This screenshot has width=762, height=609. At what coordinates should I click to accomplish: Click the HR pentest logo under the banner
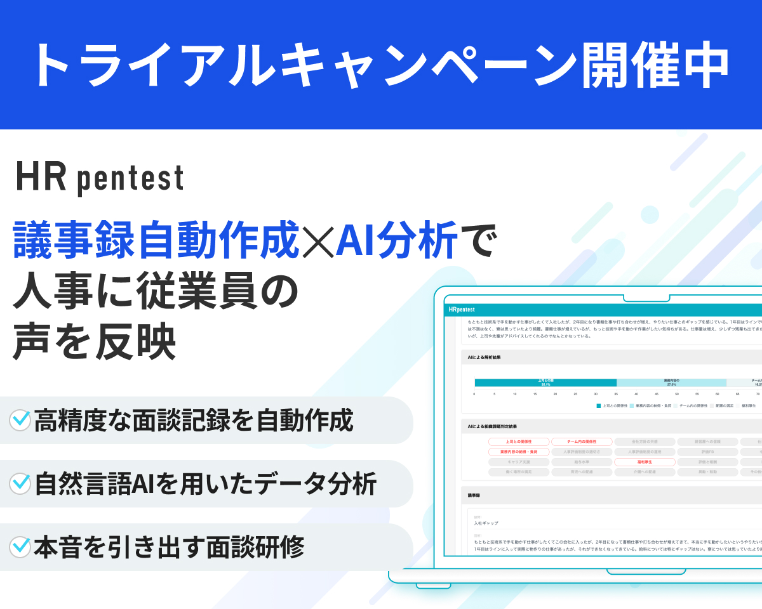click(x=100, y=178)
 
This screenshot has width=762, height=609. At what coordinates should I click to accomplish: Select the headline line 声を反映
click(x=93, y=340)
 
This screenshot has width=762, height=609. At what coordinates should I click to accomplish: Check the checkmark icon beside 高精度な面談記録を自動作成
click(x=20, y=420)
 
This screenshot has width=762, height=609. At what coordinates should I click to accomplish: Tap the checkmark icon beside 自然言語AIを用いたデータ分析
click(x=20, y=483)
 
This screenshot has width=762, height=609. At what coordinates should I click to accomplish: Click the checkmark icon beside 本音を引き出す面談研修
click(x=20, y=546)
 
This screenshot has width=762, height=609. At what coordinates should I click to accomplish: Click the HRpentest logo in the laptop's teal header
click(x=461, y=310)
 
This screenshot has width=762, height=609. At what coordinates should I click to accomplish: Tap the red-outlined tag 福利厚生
click(x=645, y=462)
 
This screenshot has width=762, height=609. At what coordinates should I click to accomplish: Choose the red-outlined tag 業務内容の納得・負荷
click(x=518, y=452)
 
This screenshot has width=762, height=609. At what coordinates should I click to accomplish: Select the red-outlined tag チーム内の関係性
click(x=581, y=442)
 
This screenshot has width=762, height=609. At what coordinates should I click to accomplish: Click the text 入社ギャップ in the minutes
click(x=486, y=523)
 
